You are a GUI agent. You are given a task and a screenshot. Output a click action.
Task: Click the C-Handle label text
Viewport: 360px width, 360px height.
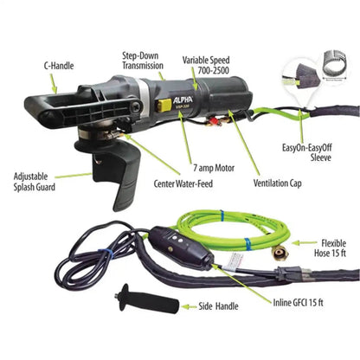click(60, 63)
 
